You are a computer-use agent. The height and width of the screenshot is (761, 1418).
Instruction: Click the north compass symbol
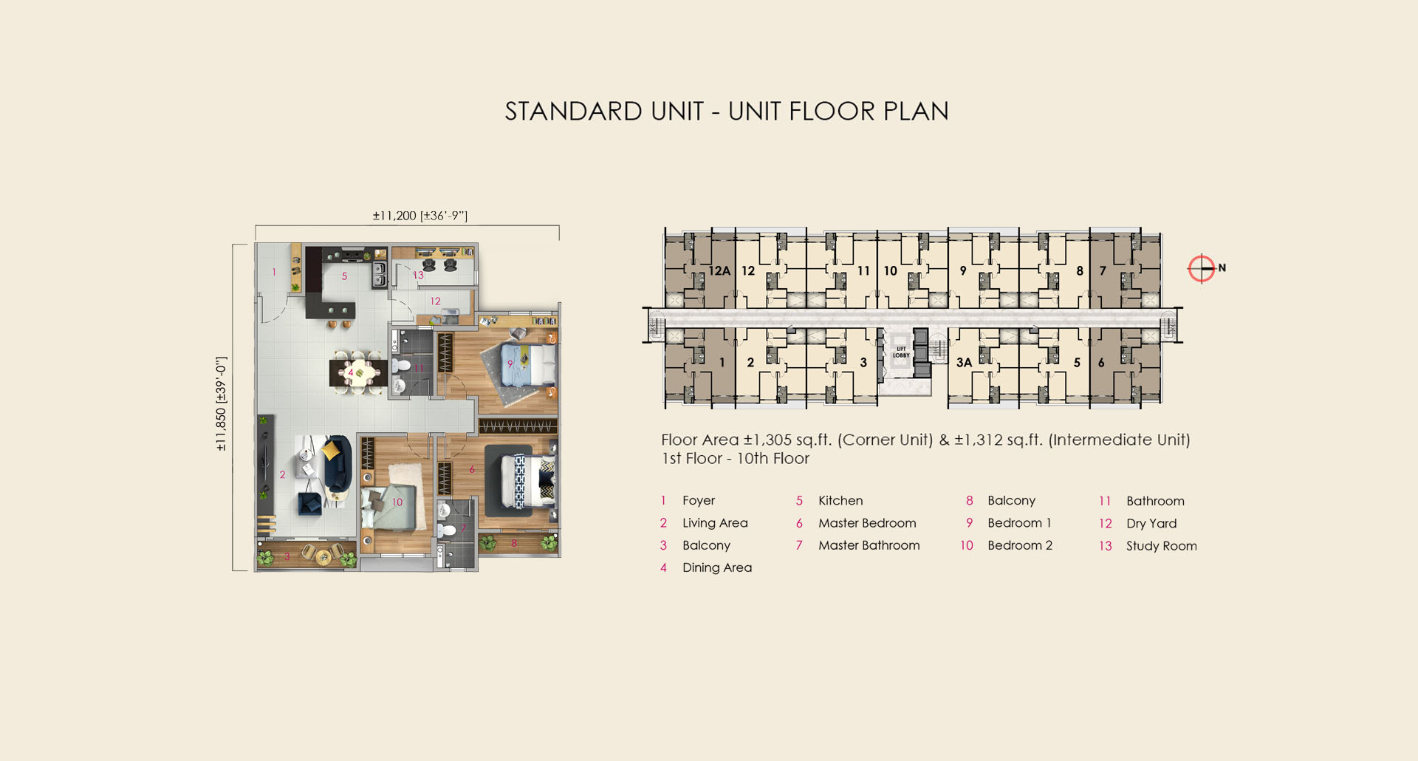pyautogui.click(x=1202, y=268)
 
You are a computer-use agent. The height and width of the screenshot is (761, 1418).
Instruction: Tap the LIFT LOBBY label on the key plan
pyautogui.click(x=901, y=352)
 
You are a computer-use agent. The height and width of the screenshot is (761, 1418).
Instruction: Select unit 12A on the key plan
pyautogui.click(x=719, y=271)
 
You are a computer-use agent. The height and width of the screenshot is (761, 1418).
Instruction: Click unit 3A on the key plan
pyautogui.click(x=964, y=363)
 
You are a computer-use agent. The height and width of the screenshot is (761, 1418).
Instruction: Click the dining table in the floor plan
pyautogui.click(x=359, y=372)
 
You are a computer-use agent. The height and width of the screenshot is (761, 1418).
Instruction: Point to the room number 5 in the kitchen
pyautogui.click(x=344, y=276)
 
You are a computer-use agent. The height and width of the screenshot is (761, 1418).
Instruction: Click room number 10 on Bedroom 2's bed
pyautogui.click(x=397, y=502)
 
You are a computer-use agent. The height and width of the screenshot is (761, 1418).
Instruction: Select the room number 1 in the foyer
pyautogui.click(x=274, y=272)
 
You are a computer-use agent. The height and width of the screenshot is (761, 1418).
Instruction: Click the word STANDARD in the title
pyautogui.click(x=574, y=112)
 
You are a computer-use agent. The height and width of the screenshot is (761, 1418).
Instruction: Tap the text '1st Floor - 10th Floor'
pyautogui.click(x=736, y=459)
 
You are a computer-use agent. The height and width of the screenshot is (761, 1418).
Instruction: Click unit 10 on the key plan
pyautogui.click(x=891, y=271)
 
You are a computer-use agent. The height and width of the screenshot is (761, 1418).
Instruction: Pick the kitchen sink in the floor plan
pyautogui.click(x=379, y=273)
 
